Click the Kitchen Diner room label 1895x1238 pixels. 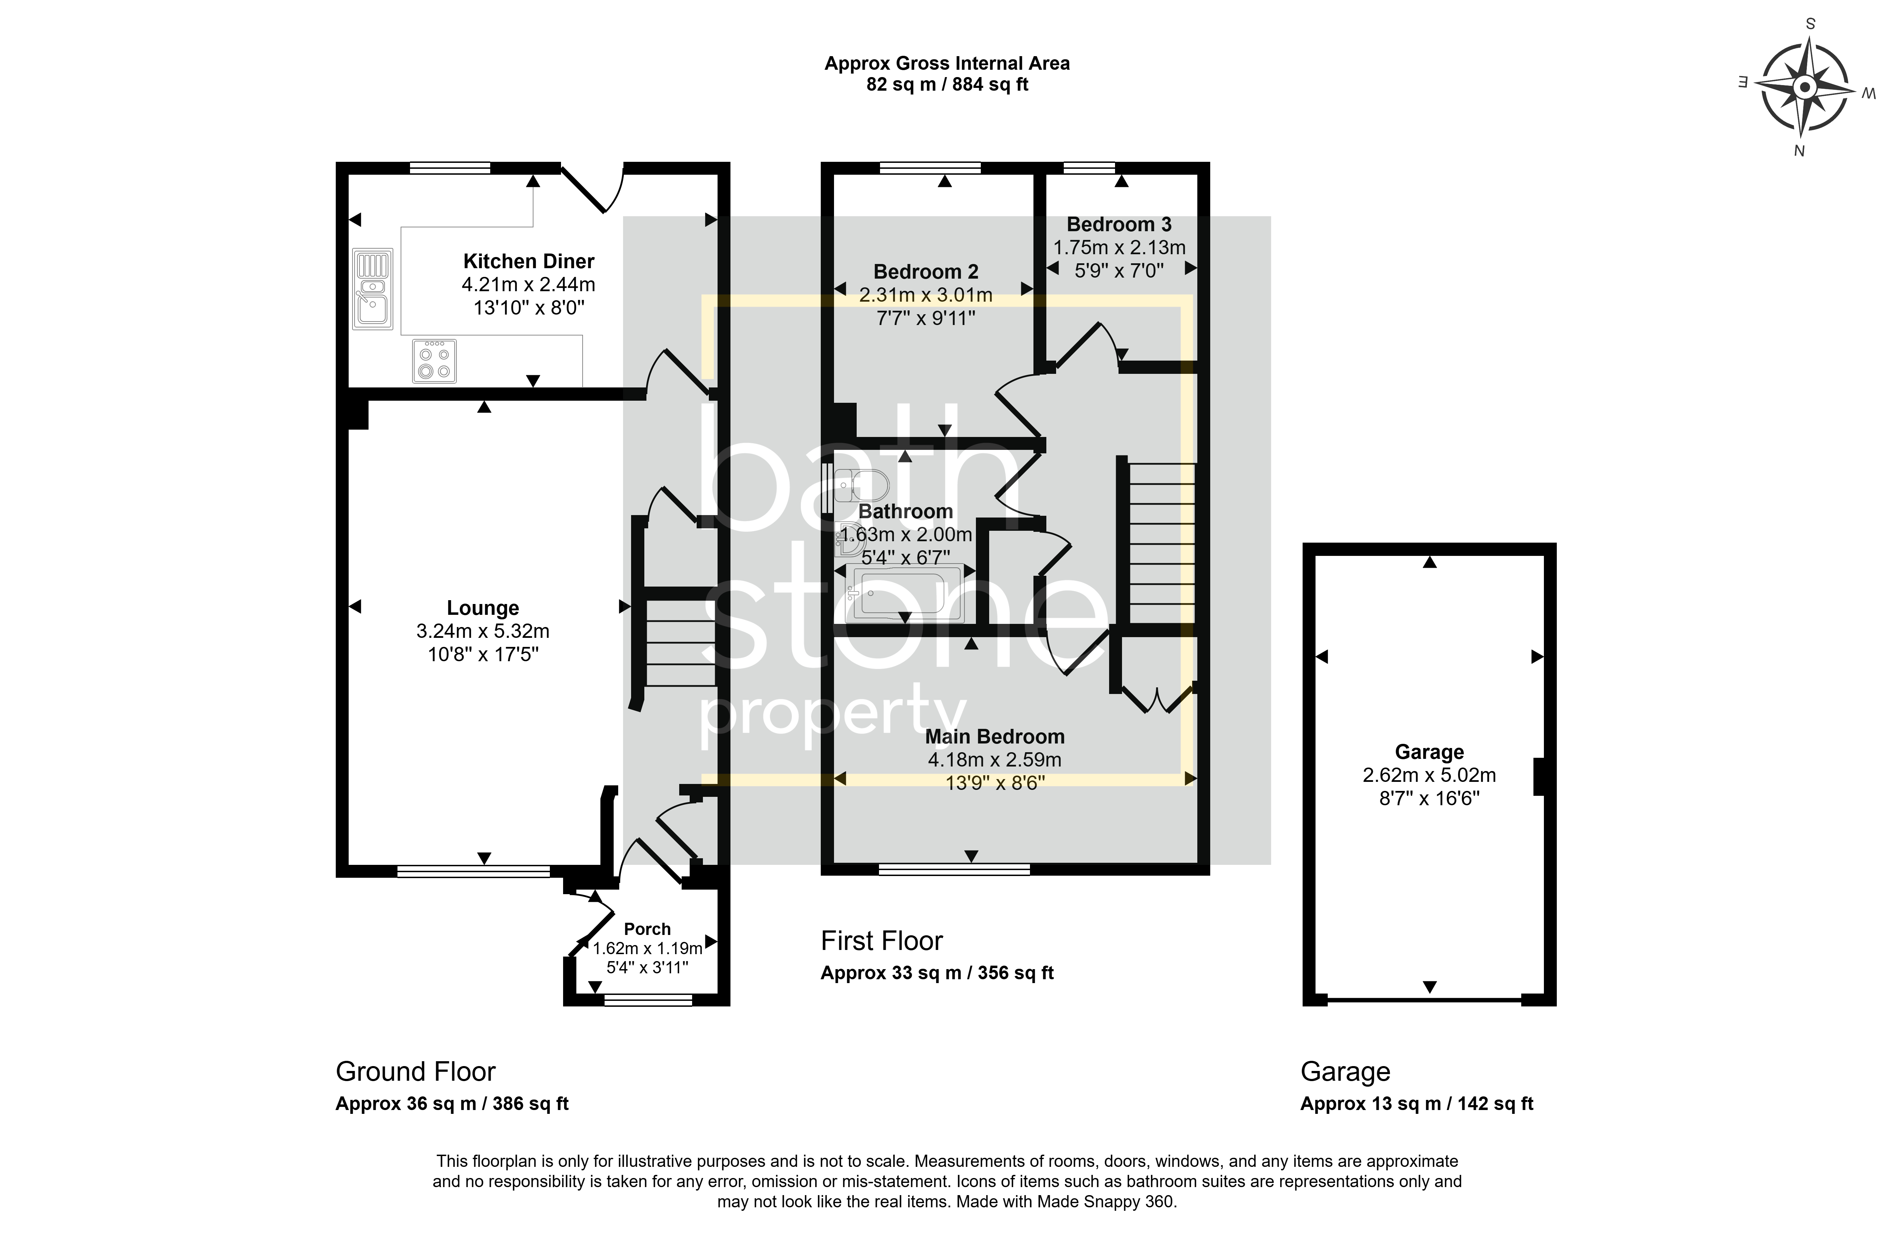529,261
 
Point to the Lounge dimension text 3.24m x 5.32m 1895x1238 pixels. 483,631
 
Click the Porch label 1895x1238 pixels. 647,929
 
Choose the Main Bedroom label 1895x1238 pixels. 994,737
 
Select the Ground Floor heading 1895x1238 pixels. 416,1072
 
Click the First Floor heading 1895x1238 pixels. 881,941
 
